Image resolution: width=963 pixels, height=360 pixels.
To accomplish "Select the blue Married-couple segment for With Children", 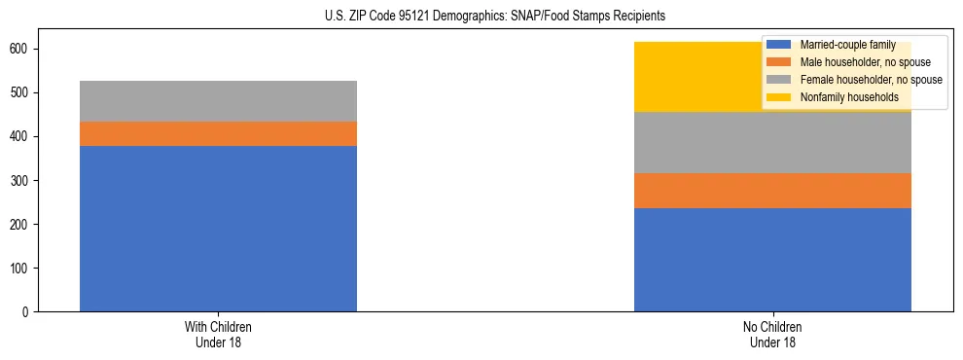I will (218, 229).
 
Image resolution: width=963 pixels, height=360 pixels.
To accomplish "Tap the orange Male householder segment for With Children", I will (218, 133).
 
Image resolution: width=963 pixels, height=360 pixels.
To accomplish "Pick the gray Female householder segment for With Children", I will (218, 101).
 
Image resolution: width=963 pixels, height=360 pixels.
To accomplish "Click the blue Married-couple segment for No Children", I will (772, 260).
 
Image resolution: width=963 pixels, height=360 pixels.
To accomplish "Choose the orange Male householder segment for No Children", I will (772, 191).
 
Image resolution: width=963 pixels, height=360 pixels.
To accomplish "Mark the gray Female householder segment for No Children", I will (772, 143).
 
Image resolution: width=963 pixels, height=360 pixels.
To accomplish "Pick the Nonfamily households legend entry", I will (842, 97).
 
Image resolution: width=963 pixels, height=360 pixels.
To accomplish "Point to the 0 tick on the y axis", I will (27, 312).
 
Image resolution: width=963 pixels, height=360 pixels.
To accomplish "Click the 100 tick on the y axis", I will (21, 269).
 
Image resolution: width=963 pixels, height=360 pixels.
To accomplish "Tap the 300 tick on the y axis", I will (21, 181).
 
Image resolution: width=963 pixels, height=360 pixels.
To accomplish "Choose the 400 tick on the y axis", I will (21, 137).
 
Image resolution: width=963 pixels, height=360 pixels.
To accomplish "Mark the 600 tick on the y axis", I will (21, 50).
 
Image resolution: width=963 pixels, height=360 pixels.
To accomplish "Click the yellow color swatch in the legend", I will (780, 97).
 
